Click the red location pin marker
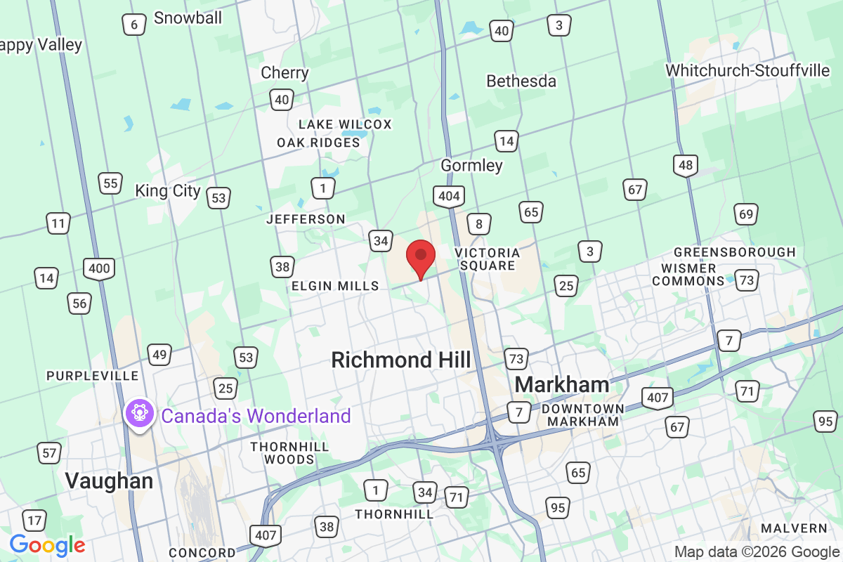[421, 258]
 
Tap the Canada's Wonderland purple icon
[138, 412]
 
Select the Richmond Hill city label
[401, 360]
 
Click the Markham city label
[562, 384]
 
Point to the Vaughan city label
[109, 481]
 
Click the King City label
[168, 191]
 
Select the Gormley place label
[471, 166]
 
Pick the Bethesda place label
[521, 81]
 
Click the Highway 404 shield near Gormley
[448, 197]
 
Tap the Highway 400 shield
[99, 268]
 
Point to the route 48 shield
[685, 166]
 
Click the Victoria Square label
[487, 259]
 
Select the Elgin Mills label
[335, 286]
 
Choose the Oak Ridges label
[318, 143]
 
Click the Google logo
[47, 544]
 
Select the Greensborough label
[735, 251]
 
